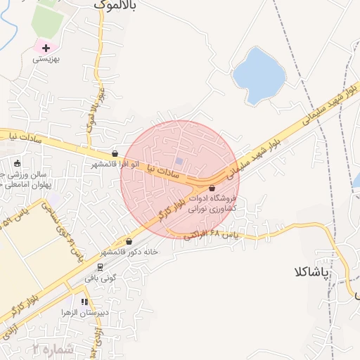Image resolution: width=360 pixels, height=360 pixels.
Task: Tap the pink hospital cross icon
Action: pos(46,48)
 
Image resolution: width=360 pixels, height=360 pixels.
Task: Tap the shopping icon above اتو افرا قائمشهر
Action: pos(115,153)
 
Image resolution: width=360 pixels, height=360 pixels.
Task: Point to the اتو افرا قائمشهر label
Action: pos(115,164)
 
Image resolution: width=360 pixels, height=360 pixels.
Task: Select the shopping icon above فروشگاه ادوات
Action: pos(212,187)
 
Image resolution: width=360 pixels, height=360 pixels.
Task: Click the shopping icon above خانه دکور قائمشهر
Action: pos(129,241)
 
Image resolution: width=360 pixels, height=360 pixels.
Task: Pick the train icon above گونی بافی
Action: pos(100,267)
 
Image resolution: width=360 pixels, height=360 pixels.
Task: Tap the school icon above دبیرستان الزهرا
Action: pos(84,302)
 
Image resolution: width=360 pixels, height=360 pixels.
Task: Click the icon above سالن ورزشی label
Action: pos(18,163)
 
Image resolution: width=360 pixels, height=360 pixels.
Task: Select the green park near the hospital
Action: pos(46,21)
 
